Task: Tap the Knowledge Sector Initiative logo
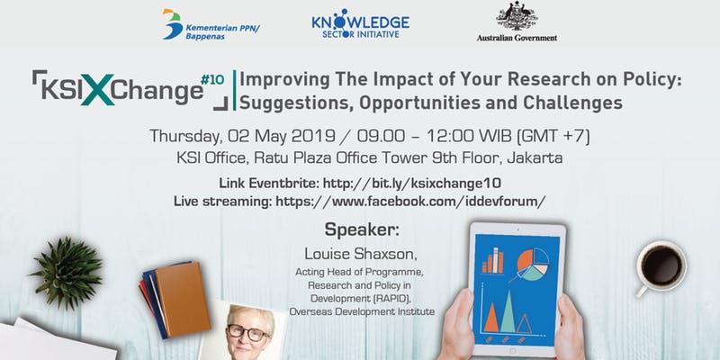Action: [361, 23]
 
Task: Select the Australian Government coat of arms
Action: [517, 16]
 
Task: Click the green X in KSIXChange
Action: [97, 90]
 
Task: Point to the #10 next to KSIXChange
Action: [212, 80]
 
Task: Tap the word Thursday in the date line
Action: [186, 137]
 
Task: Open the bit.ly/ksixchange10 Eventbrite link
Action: [412, 184]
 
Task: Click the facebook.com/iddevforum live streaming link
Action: [410, 201]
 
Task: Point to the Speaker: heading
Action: [362, 229]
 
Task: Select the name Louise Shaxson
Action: [362, 253]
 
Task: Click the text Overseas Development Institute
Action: [362, 311]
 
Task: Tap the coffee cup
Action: [661, 266]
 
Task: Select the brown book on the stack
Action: [183, 299]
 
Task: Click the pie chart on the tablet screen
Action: [533, 265]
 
